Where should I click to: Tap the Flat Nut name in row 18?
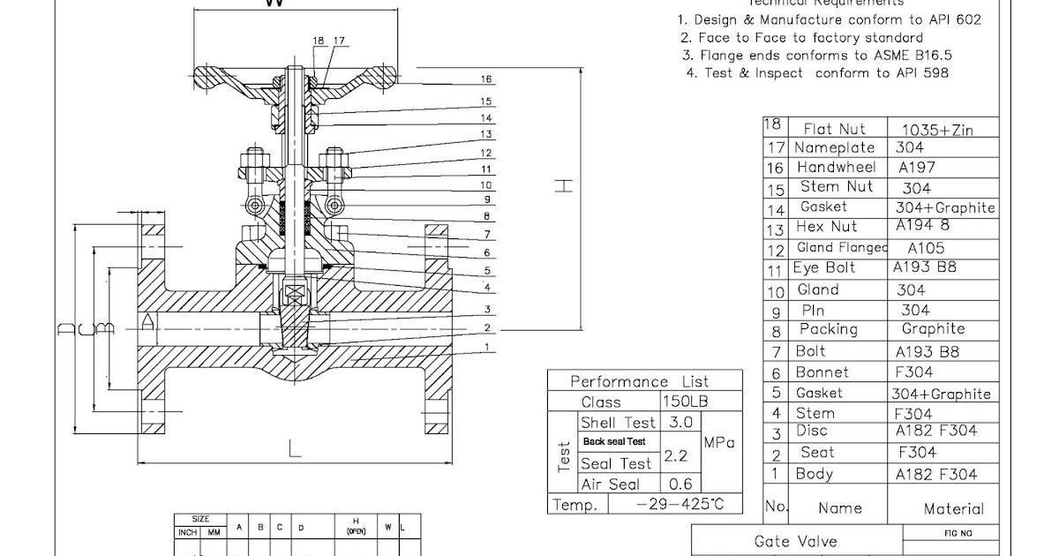tap(834, 129)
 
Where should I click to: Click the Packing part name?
tap(828, 329)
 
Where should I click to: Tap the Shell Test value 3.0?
tap(680, 423)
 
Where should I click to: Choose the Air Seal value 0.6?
tap(680, 485)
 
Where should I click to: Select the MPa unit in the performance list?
tap(719, 443)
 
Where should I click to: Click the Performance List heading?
tap(639, 381)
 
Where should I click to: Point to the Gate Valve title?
tap(795, 541)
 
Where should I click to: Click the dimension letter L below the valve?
tap(294, 448)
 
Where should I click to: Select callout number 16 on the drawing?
tap(485, 79)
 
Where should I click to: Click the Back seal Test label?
tap(613, 441)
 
